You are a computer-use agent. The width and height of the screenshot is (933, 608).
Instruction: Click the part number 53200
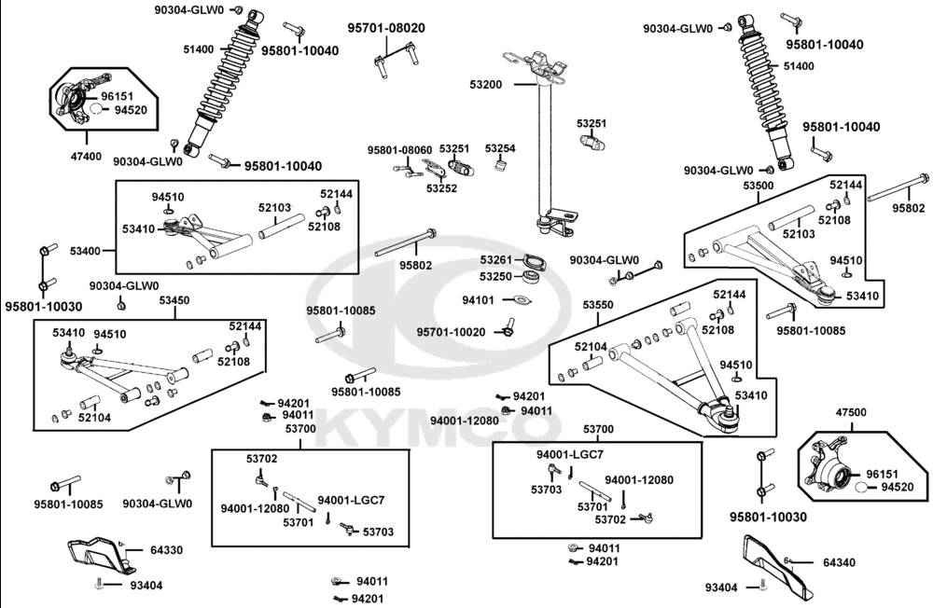(486, 84)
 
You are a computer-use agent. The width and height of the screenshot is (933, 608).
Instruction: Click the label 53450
(174, 300)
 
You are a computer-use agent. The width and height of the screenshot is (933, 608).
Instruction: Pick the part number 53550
(598, 305)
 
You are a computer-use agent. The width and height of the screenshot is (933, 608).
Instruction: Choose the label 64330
(167, 550)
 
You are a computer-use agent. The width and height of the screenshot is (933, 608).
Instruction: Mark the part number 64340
(839, 562)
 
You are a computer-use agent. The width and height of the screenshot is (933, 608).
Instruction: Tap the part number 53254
(500, 148)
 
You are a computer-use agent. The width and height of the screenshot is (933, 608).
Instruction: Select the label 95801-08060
(399, 150)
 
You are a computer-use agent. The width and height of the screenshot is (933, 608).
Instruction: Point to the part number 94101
(479, 300)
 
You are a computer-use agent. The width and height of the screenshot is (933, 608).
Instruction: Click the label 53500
(758, 187)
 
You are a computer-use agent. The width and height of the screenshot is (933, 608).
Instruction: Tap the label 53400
(86, 251)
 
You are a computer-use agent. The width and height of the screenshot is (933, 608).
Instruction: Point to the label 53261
(496, 259)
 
